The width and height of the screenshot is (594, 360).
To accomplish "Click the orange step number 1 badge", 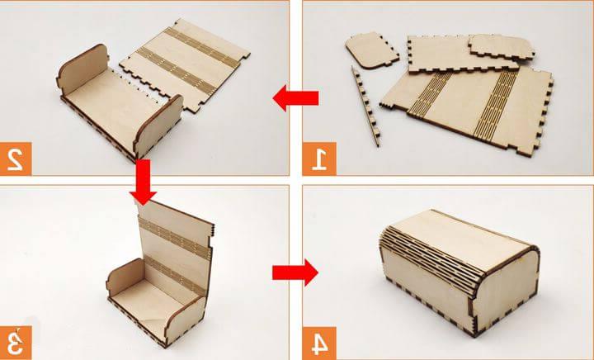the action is point(319,159).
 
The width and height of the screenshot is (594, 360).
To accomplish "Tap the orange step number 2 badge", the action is point(16,159).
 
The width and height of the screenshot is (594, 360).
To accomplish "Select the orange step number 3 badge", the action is point(16,343).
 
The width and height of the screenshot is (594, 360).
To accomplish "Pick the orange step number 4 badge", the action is point(319,343).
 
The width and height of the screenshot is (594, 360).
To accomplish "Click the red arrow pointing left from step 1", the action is point(295,98).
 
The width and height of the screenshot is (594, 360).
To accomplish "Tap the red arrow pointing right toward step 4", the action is point(295,272).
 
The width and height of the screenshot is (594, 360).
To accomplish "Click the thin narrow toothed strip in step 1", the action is point(365,107).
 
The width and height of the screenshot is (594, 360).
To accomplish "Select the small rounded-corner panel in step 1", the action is point(371,50).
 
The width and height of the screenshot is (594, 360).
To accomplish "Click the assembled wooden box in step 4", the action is point(460,272).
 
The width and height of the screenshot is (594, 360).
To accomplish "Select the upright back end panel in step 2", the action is point(82,69).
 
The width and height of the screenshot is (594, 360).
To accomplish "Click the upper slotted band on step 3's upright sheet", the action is point(174,238).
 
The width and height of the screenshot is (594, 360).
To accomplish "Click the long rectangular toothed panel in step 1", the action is point(463,54).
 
